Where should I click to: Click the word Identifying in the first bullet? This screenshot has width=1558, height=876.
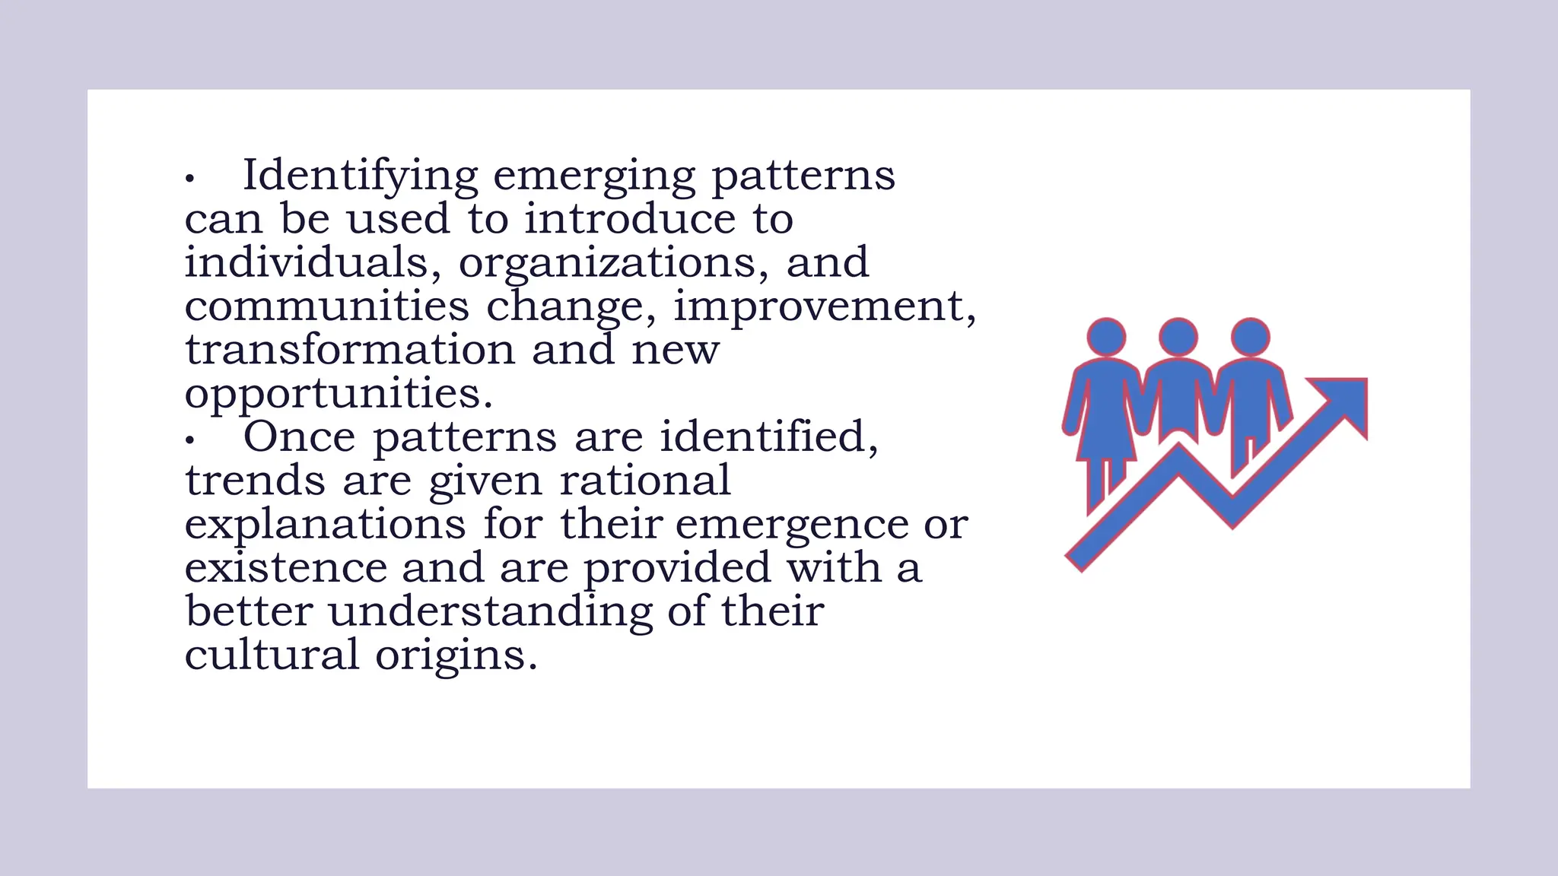click(x=360, y=176)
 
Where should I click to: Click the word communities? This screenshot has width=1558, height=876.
click(x=327, y=306)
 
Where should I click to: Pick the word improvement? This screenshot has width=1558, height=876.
click(x=825, y=307)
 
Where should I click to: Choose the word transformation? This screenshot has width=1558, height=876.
click(x=350, y=350)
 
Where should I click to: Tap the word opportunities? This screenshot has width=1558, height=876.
click(x=339, y=395)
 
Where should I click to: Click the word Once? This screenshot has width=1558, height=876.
click(x=299, y=437)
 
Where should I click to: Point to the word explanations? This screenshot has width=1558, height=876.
click(x=325, y=525)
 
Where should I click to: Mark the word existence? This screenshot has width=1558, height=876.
click(x=285, y=568)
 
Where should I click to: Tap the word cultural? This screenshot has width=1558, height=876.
click(x=272, y=655)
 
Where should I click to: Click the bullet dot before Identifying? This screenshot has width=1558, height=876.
click(x=190, y=179)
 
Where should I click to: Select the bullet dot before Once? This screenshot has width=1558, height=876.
click(x=190, y=440)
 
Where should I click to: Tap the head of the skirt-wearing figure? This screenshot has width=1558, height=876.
click(x=1106, y=337)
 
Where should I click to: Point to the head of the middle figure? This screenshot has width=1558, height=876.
click(x=1178, y=337)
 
